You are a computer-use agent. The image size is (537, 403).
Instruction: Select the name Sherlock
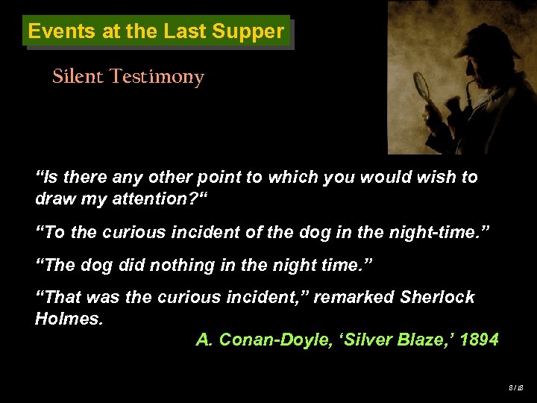[437, 297]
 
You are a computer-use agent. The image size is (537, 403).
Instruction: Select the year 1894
[480, 340]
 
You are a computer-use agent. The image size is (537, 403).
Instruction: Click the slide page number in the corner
[515, 387]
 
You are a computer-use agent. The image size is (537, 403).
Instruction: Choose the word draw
[52, 199]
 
